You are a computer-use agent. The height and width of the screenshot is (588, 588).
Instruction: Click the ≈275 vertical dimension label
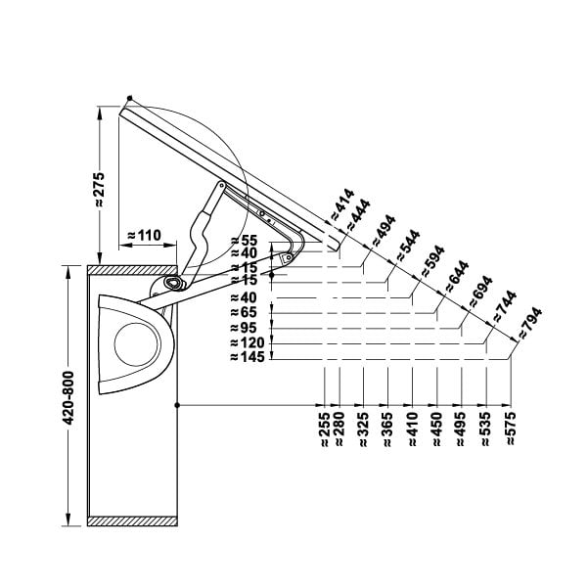point(99,190)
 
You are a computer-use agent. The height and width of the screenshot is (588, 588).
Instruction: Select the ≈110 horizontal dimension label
point(145,236)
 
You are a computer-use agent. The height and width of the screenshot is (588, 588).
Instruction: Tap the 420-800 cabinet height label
point(68,398)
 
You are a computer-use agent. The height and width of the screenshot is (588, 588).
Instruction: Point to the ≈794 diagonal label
point(529,323)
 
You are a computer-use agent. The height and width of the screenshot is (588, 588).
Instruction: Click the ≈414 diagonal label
point(341,204)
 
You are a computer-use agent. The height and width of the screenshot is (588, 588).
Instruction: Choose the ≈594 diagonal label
point(432,261)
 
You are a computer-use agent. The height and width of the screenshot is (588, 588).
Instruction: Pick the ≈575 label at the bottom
point(511,429)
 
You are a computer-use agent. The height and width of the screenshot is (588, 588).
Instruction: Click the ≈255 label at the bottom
point(325,429)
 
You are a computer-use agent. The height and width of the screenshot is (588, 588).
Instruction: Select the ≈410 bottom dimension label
point(412,429)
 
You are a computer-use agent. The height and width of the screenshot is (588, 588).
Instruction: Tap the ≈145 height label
point(248,357)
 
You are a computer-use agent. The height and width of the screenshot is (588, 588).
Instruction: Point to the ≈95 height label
point(244,328)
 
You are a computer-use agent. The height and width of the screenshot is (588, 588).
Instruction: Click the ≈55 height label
point(245,240)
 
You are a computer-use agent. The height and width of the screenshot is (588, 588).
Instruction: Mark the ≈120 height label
point(248,342)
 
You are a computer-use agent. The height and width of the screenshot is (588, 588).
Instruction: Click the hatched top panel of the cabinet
point(132,270)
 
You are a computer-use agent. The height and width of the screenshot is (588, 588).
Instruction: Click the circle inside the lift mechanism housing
point(137,344)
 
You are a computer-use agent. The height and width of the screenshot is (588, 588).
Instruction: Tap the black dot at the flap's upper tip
point(130,98)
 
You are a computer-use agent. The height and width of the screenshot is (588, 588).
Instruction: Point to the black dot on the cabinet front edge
point(177,405)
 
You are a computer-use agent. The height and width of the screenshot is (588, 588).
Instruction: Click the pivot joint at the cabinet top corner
point(173,283)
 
